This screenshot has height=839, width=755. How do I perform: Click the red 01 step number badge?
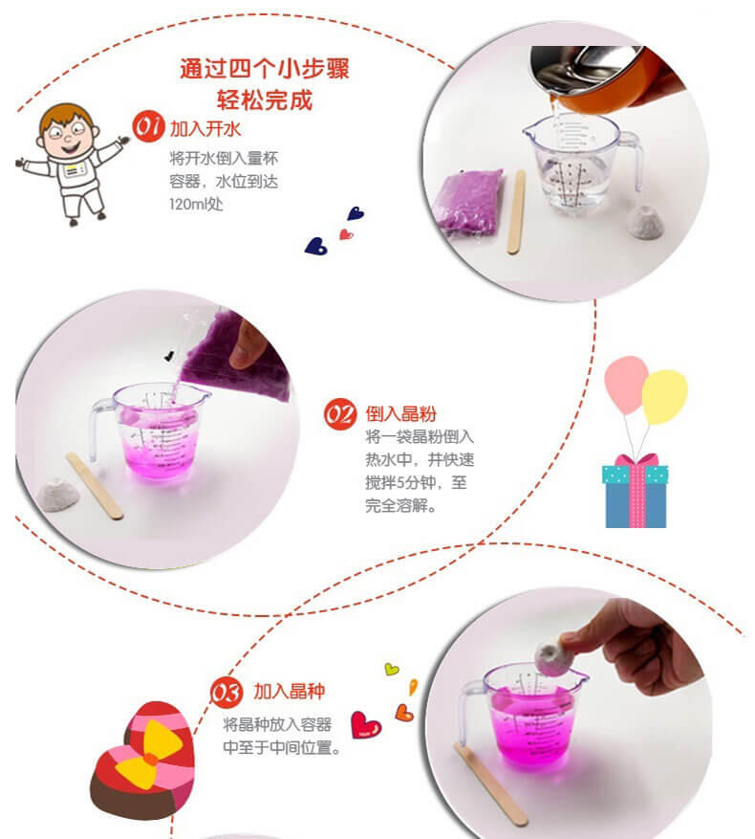click(148, 127)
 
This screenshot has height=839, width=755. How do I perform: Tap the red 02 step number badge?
click(340, 413)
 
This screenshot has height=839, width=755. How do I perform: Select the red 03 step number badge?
click(226, 693)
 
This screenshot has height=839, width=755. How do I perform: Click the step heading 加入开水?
click(205, 129)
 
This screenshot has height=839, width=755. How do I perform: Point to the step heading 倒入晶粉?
click(401, 413)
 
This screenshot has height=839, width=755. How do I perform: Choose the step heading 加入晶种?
click(290, 691)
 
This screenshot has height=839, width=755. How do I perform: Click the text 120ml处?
click(196, 204)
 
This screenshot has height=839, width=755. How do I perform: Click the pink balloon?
click(626, 385)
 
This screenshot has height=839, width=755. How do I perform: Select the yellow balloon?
click(664, 396)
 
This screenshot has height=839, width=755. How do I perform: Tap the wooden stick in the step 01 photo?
click(516, 211)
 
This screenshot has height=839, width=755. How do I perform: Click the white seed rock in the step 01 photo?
click(645, 223)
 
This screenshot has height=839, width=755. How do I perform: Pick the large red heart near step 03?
click(366, 725)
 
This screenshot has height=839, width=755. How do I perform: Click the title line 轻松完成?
click(265, 99)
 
